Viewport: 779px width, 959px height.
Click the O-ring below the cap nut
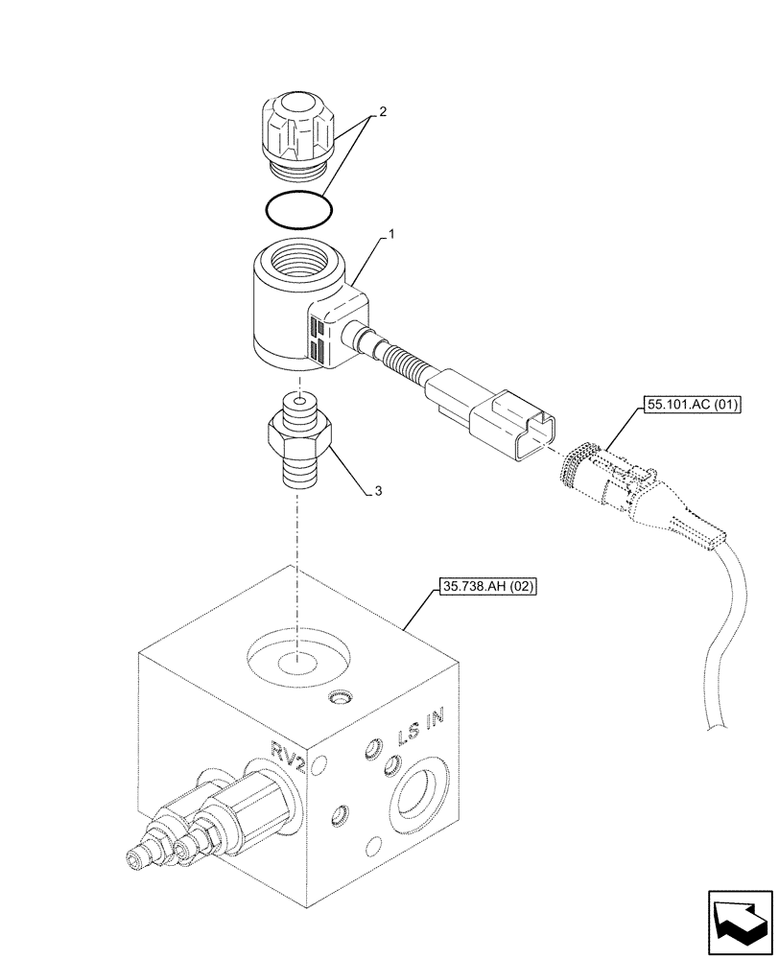pyautogui.click(x=298, y=208)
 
